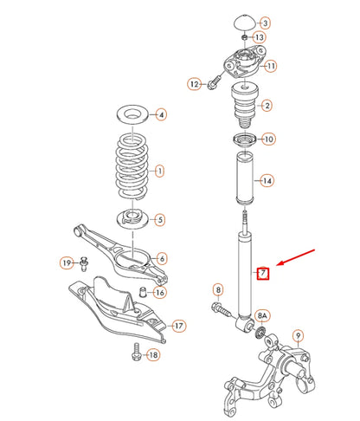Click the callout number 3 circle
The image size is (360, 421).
[265, 22]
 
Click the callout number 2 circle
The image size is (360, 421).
[267, 106]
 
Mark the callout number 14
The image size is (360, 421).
[267, 180]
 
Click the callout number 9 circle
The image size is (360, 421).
[298, 335]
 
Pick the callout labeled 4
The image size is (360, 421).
[161, 115]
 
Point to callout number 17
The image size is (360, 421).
[178, 326]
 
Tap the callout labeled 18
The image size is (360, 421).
[152, 356]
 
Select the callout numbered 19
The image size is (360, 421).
[67, 262]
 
